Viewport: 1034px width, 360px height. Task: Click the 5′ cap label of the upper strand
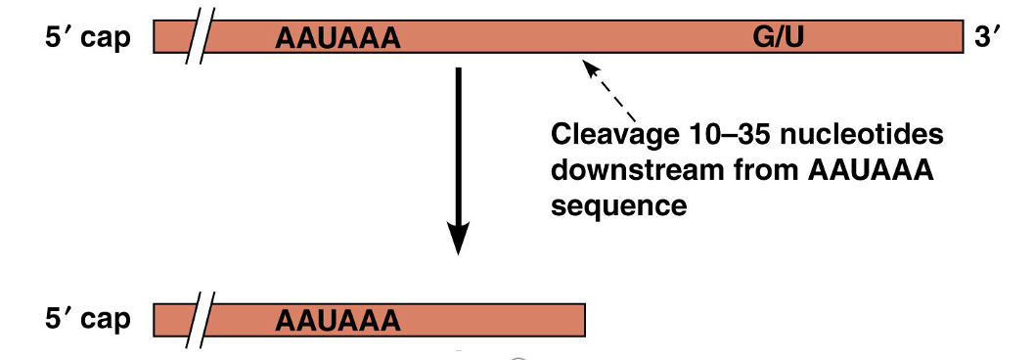click(x=87, y=39)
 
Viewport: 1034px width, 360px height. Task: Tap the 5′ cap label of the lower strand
click(x=87, y=320)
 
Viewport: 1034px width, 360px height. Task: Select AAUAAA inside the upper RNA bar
click(x=338, y=39)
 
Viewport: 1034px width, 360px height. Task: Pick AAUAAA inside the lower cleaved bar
click(x=338, y=321)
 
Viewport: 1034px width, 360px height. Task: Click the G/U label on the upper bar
click(x=779, y=38)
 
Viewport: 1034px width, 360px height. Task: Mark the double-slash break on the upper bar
click(x=202, y=39)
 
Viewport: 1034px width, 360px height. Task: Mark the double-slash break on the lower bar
click(x=202, y=321)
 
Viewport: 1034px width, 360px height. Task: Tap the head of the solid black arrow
click(x=458, y=239)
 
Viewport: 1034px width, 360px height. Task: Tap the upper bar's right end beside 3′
click(x=960, y=38)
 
